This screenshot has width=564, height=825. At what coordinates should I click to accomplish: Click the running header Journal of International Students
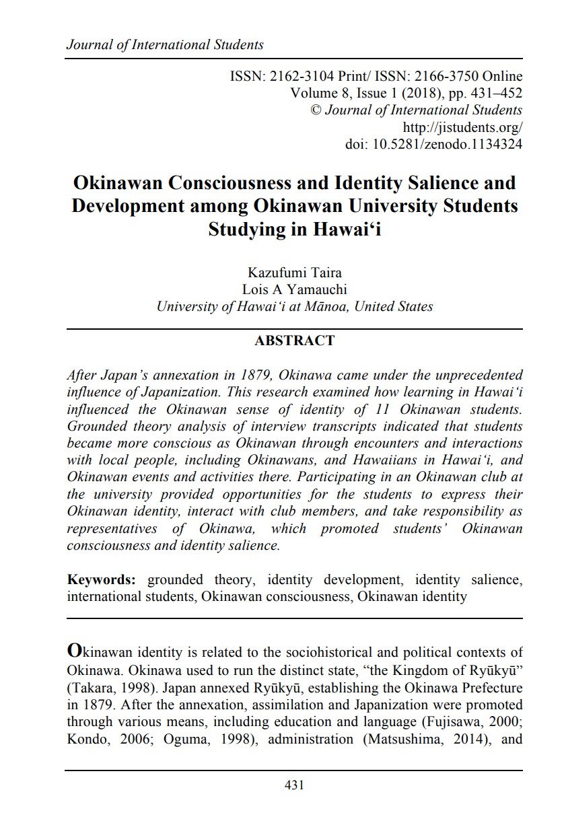point(165,45)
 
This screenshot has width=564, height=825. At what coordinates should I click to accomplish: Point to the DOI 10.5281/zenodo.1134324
point(447,143)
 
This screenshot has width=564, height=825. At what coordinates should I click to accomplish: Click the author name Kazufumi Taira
point(295,273)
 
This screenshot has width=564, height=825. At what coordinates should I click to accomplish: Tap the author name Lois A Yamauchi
point(295,289)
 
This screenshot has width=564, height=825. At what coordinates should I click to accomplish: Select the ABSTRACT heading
point(295,340)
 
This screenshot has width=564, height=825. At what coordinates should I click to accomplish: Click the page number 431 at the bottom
point(294,785)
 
